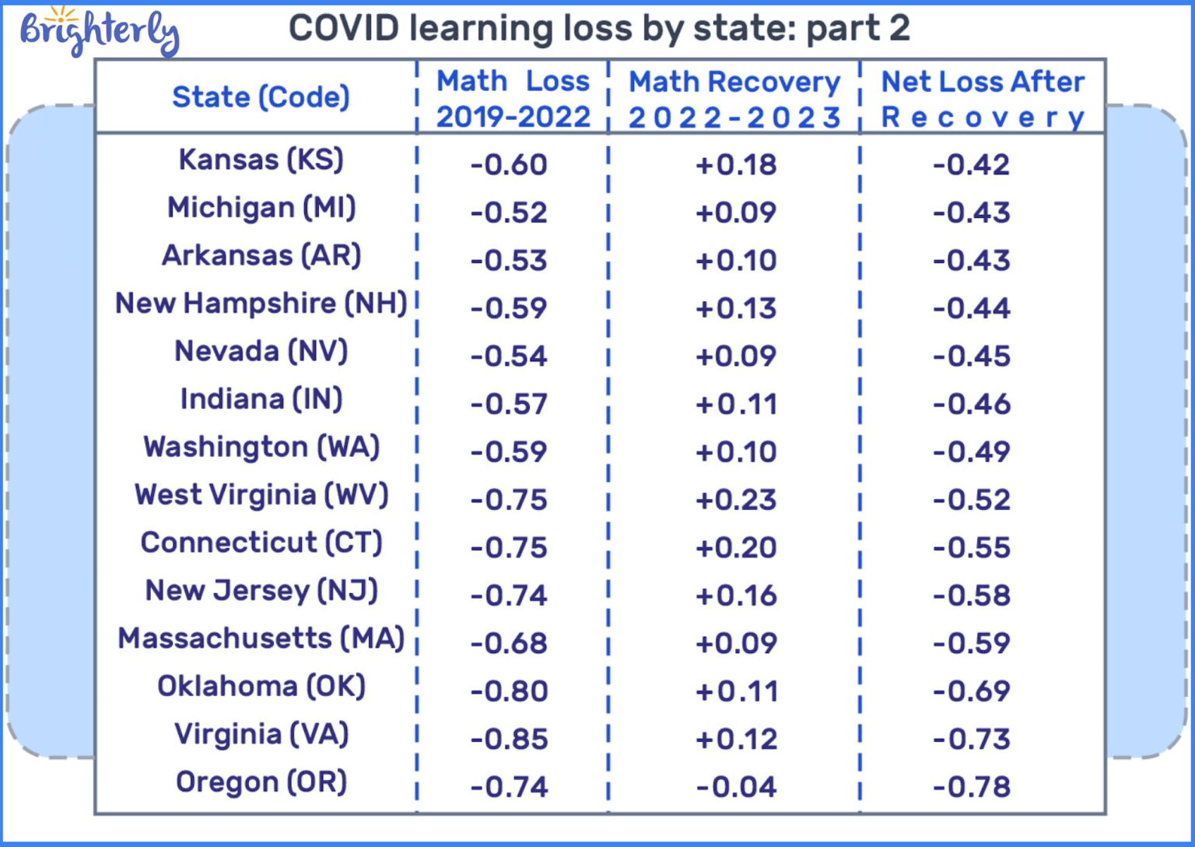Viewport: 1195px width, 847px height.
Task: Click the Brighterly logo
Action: click(x=99, y=31)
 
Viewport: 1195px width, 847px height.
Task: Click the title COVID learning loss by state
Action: click(x=598, y=29)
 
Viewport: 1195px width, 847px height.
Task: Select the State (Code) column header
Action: click(x=261, y=97)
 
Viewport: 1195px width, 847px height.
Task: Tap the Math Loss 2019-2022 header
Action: click(x=513, y=99)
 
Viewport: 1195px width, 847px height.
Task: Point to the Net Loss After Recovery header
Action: click(x=982, y=99)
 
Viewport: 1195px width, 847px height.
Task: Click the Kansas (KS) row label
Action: click(x=261, y=160)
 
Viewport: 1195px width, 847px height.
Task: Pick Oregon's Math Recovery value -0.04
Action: click(x=736, y=787)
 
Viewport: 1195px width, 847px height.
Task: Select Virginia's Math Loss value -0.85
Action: click(x=509, y=739)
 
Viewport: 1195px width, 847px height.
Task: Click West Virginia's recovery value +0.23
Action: click(x=736, y=500)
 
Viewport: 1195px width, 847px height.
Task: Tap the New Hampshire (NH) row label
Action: click(x=261, y=304)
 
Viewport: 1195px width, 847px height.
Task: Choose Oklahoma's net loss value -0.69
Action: click(x=971, y=691)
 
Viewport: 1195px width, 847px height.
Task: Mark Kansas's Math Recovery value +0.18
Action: click(x=736, y=165)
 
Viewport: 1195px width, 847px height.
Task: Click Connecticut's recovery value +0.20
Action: click(x=736, y=548)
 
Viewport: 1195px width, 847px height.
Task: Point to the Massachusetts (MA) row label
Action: click(x=261, y=638)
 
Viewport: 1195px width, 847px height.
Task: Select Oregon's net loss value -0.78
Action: click(x=971, y=787)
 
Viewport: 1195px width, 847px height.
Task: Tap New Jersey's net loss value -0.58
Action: click(x=971, y=596)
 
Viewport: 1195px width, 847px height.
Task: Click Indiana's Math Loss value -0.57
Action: click(x=509, y=404)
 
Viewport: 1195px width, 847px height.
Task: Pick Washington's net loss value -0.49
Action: click(x=971, y=452)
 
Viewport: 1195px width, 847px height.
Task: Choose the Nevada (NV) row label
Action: click(x=261, y=351)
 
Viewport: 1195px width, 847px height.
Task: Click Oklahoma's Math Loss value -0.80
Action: click(x=509, y=691)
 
